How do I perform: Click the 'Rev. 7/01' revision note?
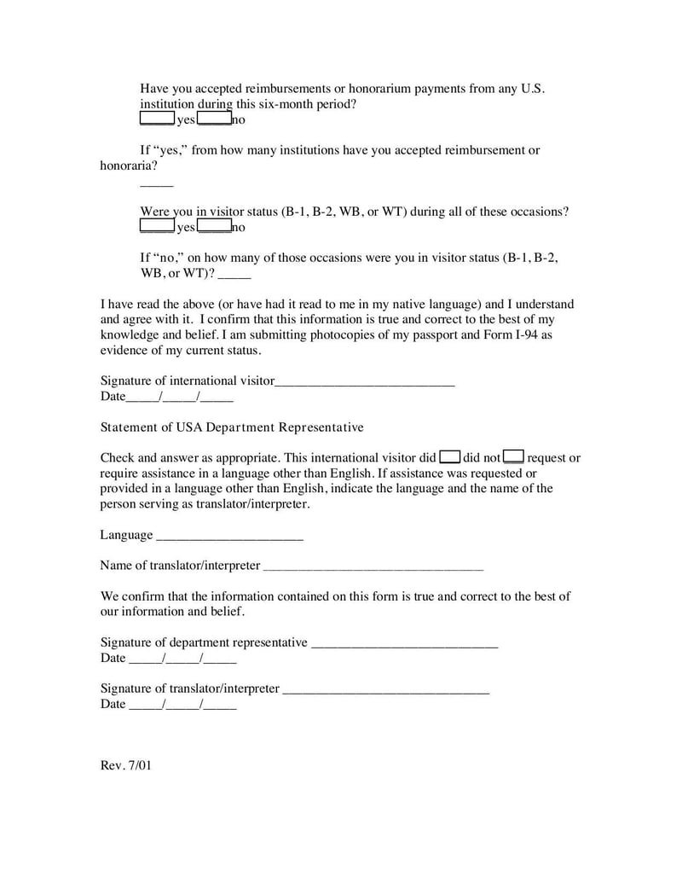click(x=125, y=765)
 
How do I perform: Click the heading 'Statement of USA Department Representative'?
click(x=232, y=427)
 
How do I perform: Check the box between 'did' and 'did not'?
click(x=450, y=457)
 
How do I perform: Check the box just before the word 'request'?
click(x=514, y=457)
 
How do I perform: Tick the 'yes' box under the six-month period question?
click(x=157, y=119)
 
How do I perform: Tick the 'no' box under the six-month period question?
click(x=214, y=119)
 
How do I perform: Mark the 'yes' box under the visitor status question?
click(x=157, y=226)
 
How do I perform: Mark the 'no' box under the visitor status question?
click(x=214, y=226)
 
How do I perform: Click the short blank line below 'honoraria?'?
click(x=156, y=183)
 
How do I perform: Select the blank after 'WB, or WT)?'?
click(x=235, y=276)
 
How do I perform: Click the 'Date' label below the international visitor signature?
click(x=113, y=397)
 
